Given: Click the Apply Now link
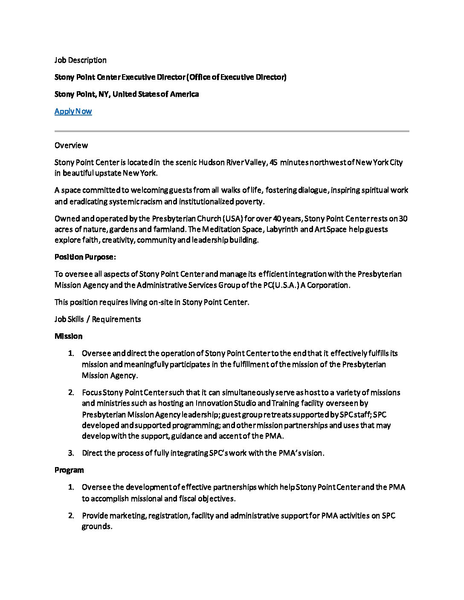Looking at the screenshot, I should click(73, 111).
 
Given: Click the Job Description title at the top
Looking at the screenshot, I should click(80, 60).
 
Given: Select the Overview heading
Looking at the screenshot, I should click(71, 145).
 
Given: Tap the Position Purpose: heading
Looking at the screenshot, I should click(85, 257).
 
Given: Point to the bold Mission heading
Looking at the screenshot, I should click(68, 336).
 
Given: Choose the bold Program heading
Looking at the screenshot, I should click(69, 470).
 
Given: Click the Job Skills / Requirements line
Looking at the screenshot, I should click(98, 319).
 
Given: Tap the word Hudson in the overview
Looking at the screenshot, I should click(211, 162).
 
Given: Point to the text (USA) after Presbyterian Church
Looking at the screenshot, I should click(232, 219).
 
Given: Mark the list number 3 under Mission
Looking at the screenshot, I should click(71, 453).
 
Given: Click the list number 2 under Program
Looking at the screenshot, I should click(71, 516).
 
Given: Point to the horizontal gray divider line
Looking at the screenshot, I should click(232, 131).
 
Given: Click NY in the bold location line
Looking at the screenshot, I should click(104, 94).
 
